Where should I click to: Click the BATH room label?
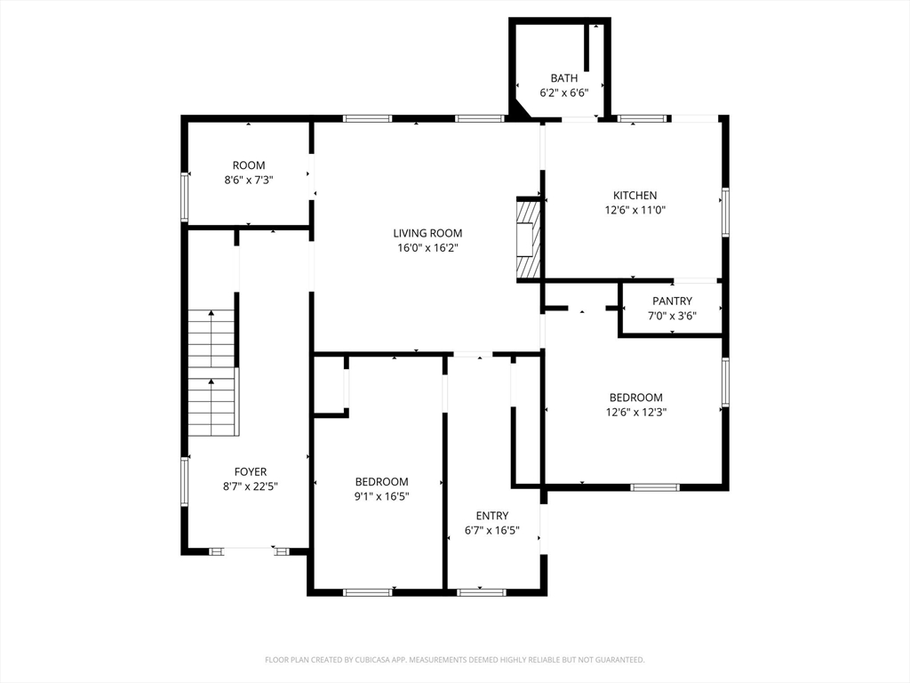click(x=563, y=78)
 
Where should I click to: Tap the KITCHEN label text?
click(x=635, y=196)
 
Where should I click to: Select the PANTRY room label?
click(x=672, y=301)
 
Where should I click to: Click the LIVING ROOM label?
click(x=427, y=234)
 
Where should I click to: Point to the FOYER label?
click(x=250, y=471)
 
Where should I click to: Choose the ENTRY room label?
click(x=491, y=516)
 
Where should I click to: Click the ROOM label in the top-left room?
click(x=249, y=165)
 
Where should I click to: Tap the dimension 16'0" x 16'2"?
click(x=427, y=249)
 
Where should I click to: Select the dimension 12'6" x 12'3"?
click(x=635, y=413)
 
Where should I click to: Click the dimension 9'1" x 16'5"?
click(x=381, y=496)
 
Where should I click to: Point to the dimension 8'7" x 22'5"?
click(x=250, y=486)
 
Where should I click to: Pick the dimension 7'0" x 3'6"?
click(x=672, y=316)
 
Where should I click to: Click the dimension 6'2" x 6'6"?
click(x=563, y=92)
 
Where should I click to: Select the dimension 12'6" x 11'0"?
click(x=635, y=211)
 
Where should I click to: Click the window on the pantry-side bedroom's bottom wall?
click(x=655, y=486)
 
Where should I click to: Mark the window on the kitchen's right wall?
click(x=725, y=213)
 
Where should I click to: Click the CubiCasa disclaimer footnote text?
click(x=455, y=660)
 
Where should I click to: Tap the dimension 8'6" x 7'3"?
click(x=249, y=180)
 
